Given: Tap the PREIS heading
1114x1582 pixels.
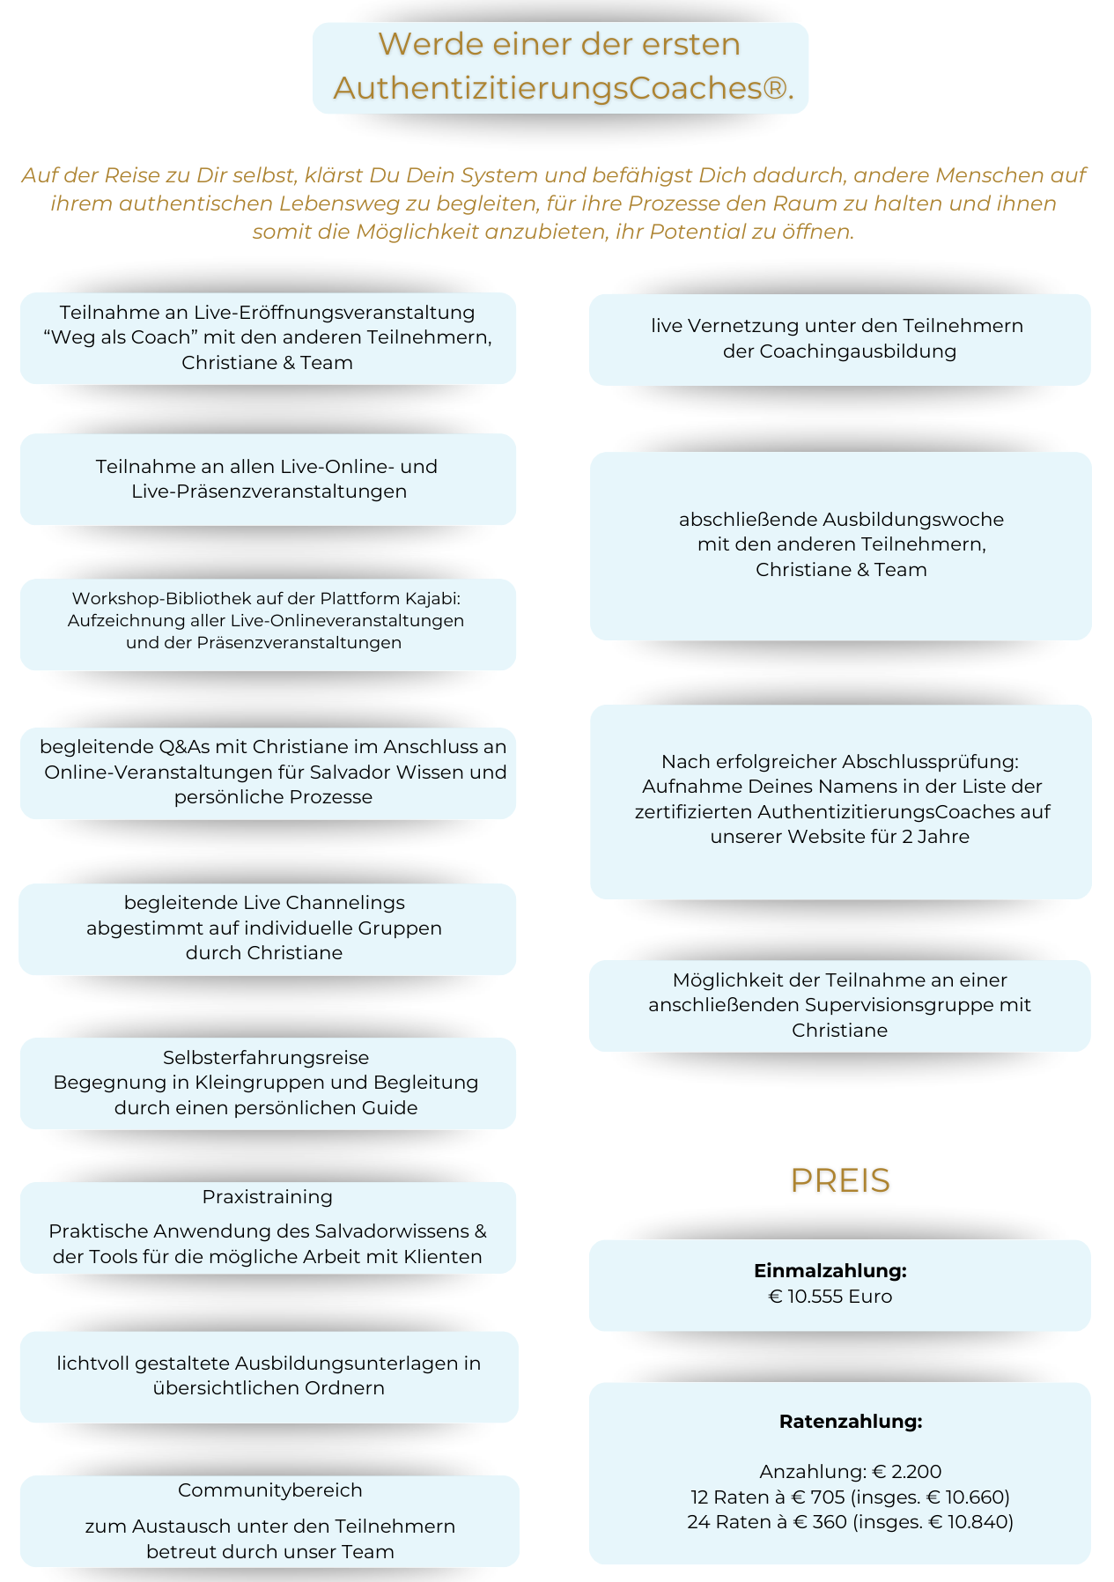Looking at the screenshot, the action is click(x=840, y=1181).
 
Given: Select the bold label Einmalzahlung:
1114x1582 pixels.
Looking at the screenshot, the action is click(x=830, y=1271).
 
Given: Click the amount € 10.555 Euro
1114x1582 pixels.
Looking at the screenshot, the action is click(x=830, y=1297).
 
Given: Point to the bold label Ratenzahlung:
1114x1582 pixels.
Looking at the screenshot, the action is click(x=851, y=1422).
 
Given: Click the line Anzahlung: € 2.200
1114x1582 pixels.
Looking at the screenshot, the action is click(x=851, y=1472).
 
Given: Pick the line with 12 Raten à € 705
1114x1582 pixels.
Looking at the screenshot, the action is click(x=850, y=1497).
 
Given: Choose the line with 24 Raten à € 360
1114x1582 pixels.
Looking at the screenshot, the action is click(x=850, y=1522).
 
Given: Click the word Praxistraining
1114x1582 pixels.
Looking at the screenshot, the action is click(x=268, y=1197).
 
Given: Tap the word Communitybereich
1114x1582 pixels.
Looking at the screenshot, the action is click(x=270, y=1490).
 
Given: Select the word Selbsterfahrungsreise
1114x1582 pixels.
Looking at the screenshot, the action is click(x=266, y=1058).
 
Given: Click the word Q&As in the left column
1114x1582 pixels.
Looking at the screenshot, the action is click(x=181, y=747).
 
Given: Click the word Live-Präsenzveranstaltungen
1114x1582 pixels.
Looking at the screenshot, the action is click(x=269, y=492).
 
